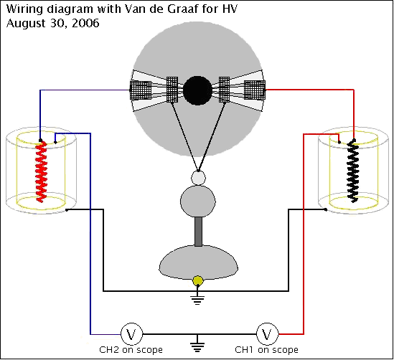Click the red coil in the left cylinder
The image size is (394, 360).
point(41,171)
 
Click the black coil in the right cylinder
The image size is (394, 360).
point(353,171)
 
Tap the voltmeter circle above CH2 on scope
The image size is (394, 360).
point(131,334)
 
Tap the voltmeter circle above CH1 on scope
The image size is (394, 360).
point(268,334)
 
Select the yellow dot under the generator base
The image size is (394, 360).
point(198,281)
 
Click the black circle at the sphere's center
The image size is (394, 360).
point(197,90)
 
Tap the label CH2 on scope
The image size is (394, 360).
point(131,350)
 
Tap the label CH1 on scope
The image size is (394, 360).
point(266,350)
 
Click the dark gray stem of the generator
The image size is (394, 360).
point(198,232)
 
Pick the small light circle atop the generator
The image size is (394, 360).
point(198,178)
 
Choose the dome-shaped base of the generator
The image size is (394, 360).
point(198,262)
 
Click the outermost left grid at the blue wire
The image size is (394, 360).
point(141,90)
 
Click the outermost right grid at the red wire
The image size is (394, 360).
point(255,90)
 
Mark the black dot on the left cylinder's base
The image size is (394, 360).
point(67,209)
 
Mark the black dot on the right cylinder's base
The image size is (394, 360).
point(326,209)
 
